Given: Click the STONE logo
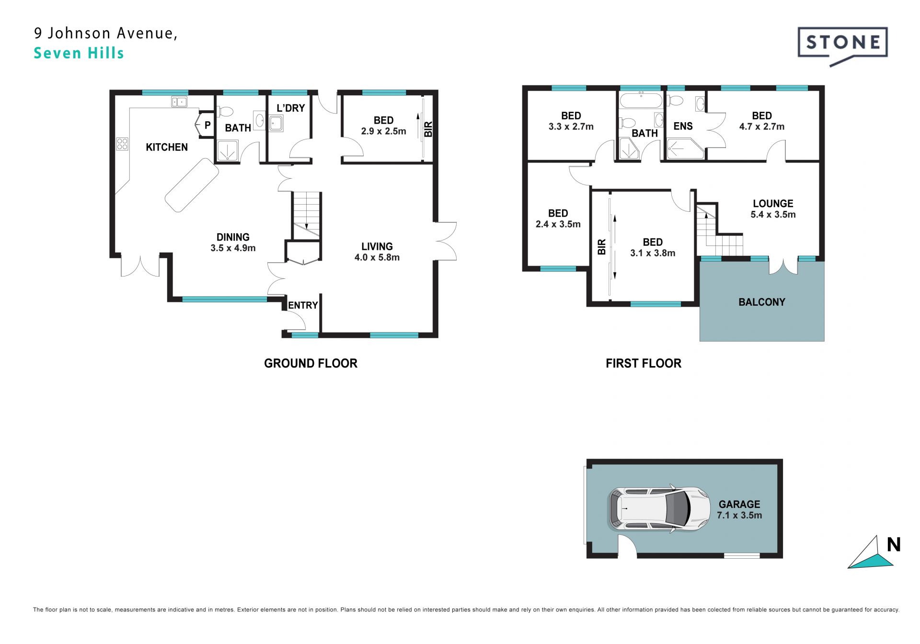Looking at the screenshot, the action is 842,46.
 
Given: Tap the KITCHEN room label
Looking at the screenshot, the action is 167,147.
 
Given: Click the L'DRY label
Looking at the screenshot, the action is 290,108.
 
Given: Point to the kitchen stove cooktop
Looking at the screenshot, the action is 122,144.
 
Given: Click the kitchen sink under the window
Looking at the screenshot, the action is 179,102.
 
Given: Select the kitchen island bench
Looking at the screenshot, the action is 192,184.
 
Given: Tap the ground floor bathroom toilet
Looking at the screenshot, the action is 224,112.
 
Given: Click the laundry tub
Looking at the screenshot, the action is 276,123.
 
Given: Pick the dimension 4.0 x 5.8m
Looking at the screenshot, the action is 377,257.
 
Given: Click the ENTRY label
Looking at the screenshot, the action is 303,305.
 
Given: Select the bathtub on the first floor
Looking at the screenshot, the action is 641,101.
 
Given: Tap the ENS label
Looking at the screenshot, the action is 683,126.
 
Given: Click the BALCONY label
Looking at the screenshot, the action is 762,302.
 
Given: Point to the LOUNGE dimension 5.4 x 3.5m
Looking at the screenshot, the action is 773,215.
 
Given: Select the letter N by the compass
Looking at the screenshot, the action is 894,544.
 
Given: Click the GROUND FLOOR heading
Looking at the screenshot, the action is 310,363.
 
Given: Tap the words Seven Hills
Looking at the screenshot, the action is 79,53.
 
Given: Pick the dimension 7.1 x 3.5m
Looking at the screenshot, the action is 739,515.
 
